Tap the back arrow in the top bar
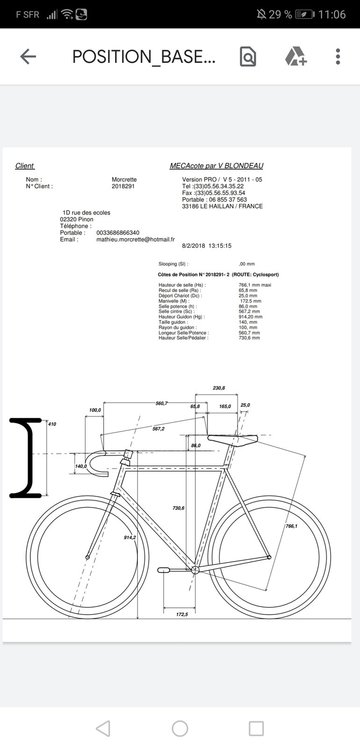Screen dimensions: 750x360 click(28, 57)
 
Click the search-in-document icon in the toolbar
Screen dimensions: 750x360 click(247, 57)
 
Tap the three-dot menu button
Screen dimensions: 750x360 click(336, 57)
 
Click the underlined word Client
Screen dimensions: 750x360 click(25, 166)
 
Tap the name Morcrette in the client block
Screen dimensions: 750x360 click(125, 180)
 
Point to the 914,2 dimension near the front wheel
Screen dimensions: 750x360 click(130, 537)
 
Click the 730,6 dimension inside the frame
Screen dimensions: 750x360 click(179, 509)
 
